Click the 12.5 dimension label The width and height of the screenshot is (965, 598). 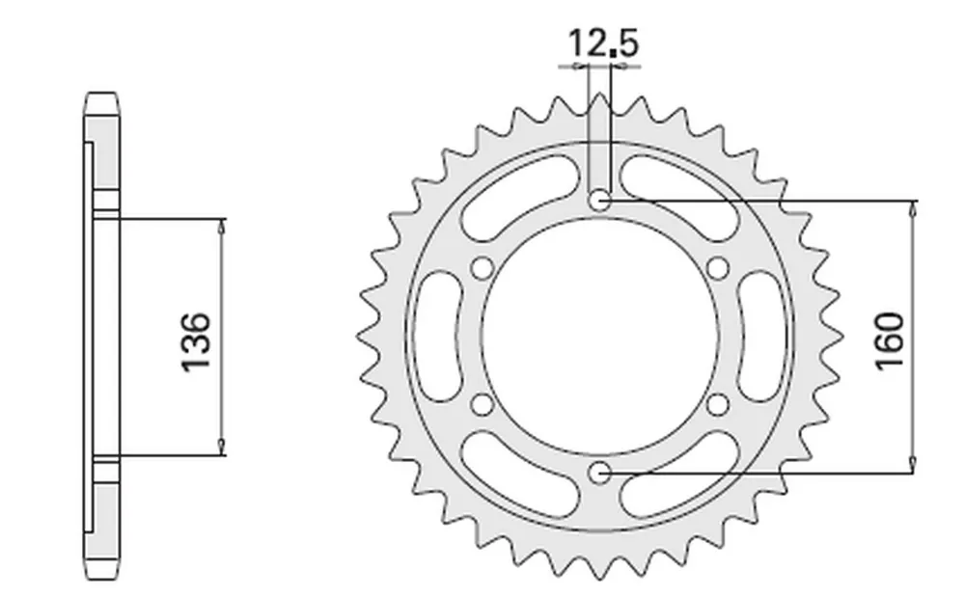(602, 43)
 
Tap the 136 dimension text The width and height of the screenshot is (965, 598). (196, 342)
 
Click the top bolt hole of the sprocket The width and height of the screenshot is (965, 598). (600, 200)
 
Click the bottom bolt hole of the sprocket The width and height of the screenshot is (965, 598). (600, 474)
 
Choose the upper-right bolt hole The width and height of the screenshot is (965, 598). (718, 268)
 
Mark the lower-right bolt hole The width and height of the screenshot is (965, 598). (718, 405)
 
